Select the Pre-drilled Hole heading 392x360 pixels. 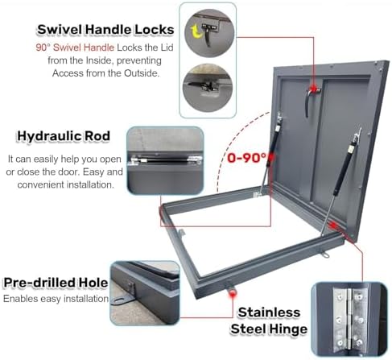pos(56,283)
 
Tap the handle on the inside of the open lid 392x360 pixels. pos(308,100)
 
